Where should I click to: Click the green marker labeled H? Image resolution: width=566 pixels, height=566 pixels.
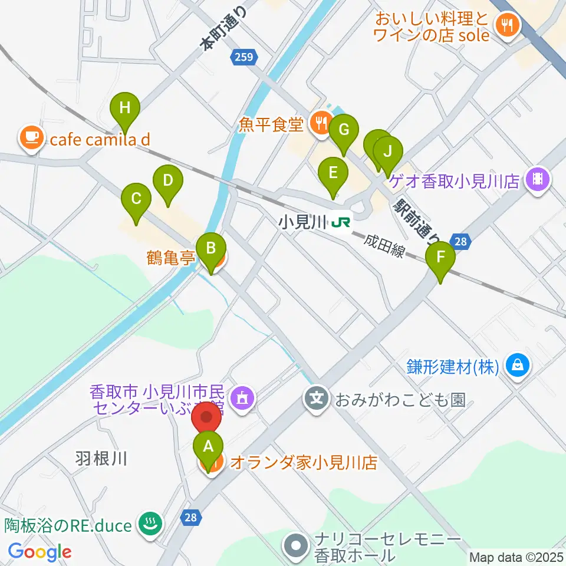point(125,108)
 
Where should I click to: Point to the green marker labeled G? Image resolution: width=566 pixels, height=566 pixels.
point(344,129)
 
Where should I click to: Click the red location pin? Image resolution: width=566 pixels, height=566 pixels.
point(207,417)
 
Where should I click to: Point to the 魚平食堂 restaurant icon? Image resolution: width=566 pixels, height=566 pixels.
point(321,123)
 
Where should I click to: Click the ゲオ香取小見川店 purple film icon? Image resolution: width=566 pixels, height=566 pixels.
point(537,177)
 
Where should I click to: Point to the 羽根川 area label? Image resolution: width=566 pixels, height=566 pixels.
point(101,458)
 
